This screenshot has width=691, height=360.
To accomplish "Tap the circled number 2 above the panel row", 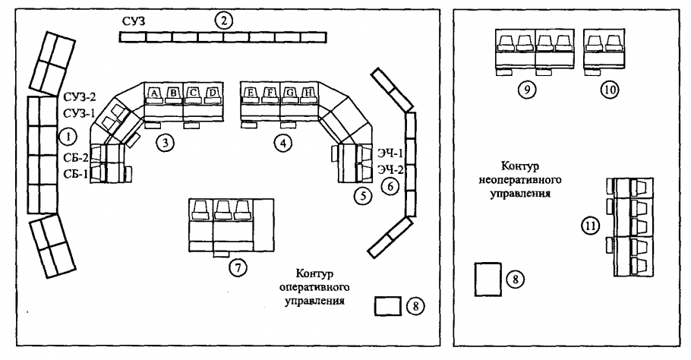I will point(222,21).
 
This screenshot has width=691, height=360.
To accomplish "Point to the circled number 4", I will point(282,142).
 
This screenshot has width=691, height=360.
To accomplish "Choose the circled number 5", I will point(361,195).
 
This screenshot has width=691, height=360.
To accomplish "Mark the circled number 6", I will point(389,185).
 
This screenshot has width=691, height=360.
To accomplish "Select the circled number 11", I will point(591,225).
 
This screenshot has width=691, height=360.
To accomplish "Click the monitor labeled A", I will point(154,93).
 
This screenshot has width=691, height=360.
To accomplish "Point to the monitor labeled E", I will point(251,93).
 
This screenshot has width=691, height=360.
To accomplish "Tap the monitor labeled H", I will point(308,93).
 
